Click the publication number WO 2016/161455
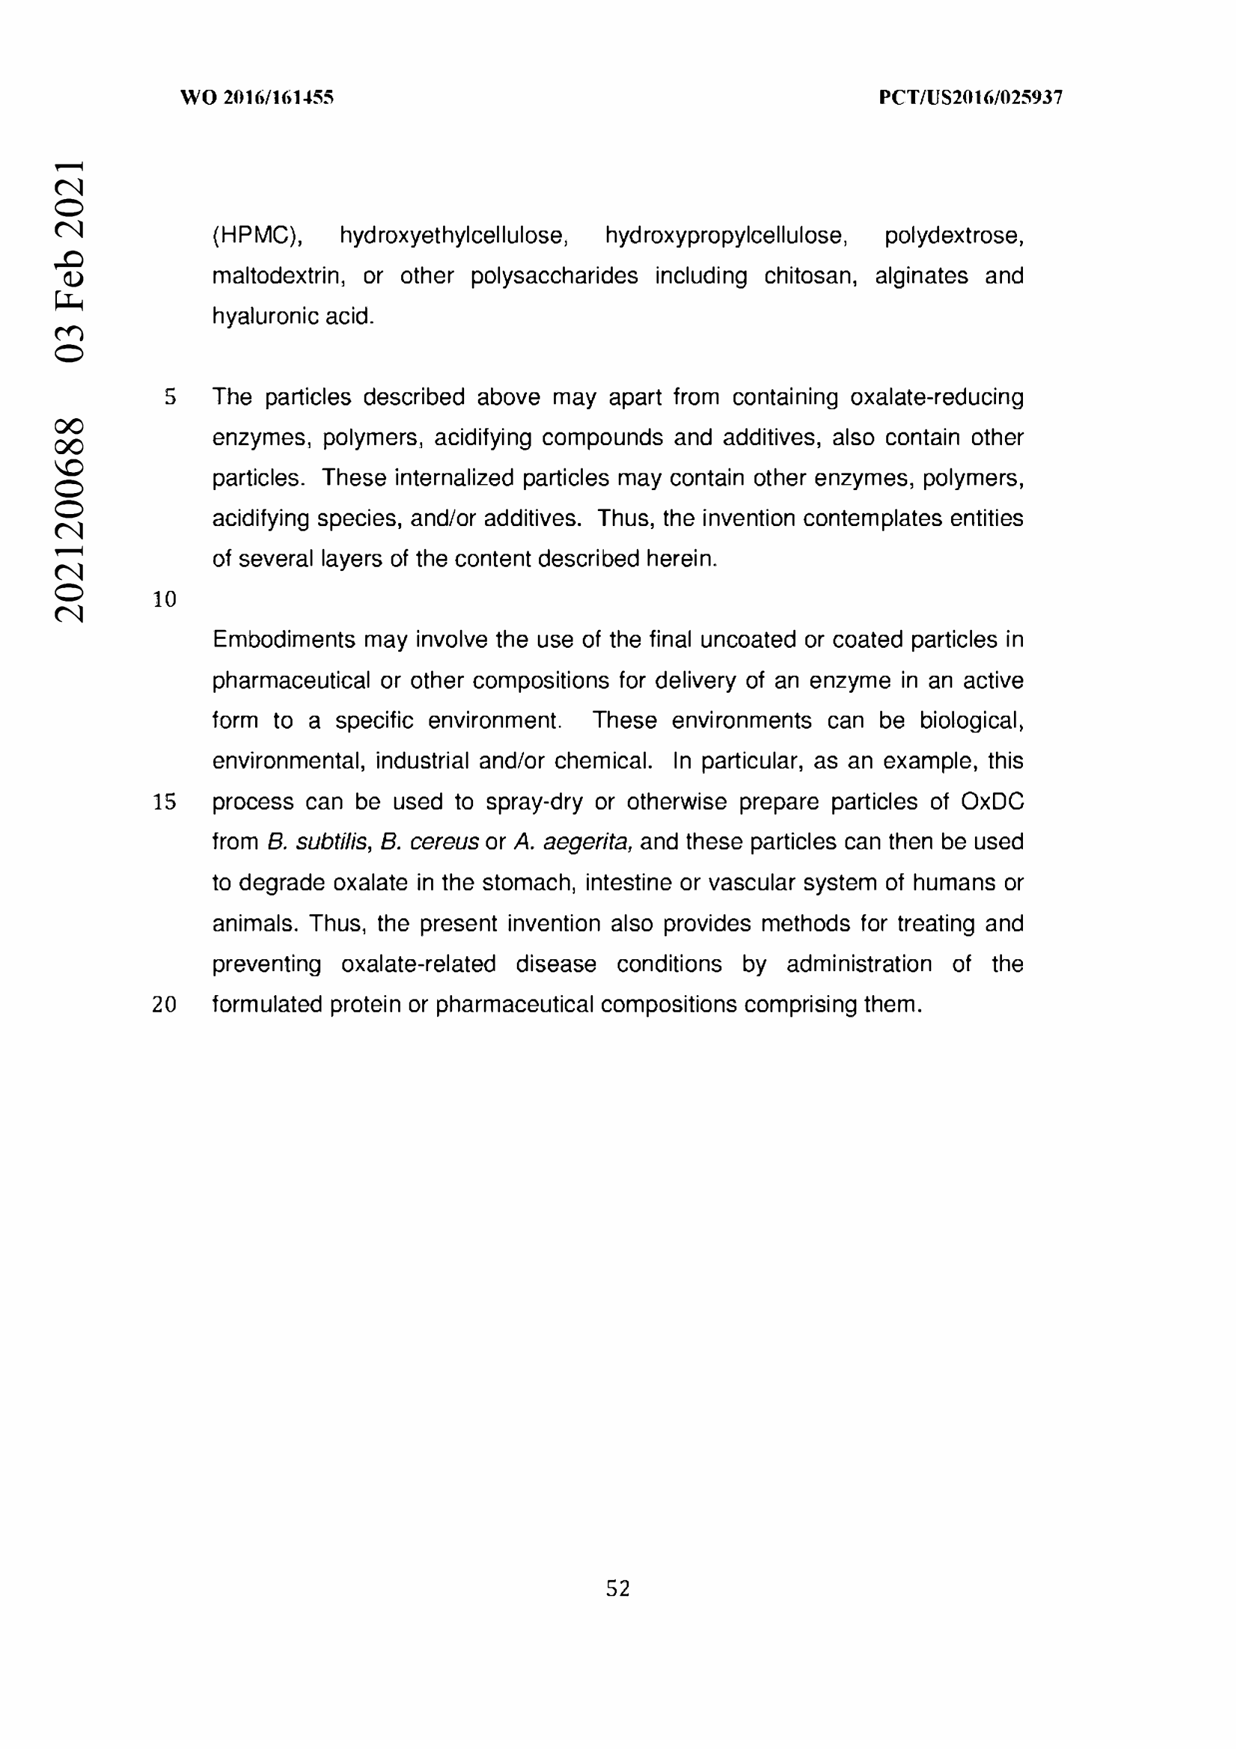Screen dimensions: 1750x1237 (257, 97)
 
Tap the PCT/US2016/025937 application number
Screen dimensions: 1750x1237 (970, 97)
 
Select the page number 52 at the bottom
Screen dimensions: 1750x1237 (617, 1588)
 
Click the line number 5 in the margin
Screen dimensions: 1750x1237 (170, 397)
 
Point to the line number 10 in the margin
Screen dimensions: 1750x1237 (165, 599)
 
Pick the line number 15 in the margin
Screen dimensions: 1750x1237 (165, 802)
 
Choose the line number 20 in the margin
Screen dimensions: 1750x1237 (165, 1005)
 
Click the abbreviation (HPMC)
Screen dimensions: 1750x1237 (257, 236)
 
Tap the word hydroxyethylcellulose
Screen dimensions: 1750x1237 (453, 236)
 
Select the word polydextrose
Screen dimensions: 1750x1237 (953, 236)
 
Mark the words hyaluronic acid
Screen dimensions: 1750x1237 (293, 316)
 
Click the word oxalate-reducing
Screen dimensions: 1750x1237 (937, 397)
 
